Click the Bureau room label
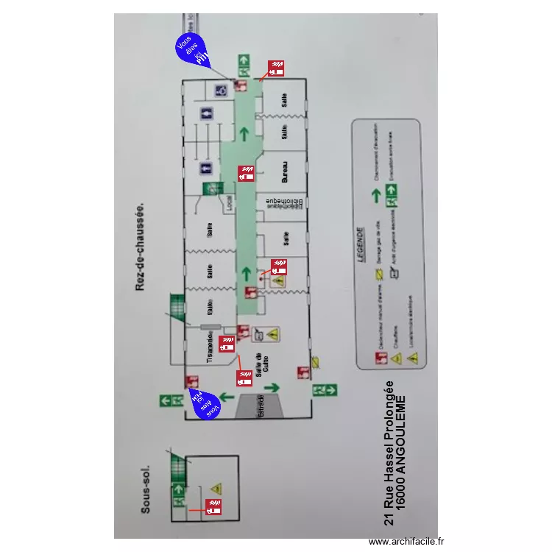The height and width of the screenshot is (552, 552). click(x=283, y=173)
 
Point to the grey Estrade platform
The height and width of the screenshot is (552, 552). click(x=261, y=406)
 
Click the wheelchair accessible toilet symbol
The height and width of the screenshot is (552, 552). click(x=220, y=91)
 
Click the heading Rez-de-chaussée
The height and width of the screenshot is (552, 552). click(x=140, y=247)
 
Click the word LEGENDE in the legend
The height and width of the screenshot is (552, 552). click(x=361, y=244)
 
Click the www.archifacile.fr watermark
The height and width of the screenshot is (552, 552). click(x=406, y=541)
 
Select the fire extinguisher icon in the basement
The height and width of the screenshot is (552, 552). click(x=213, y=506)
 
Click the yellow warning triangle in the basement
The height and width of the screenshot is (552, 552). click(x=216, y=488)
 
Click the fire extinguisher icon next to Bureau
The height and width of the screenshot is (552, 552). click(x=246, y=174)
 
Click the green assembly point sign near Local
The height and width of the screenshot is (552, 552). click(x=212, y=188)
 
